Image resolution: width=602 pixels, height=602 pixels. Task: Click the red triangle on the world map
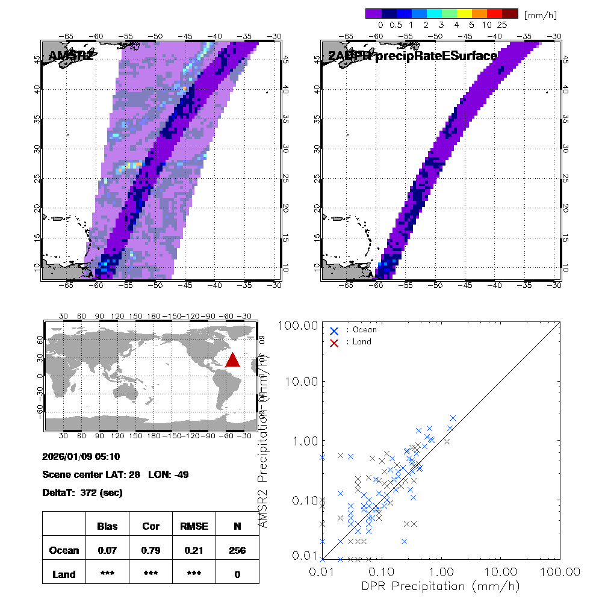coord(232,360)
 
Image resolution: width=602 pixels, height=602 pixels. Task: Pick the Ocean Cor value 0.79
coord(150,550)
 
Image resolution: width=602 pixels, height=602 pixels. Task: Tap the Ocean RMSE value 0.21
coord(194,550)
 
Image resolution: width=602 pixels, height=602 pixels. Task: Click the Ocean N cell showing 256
coord(237,550)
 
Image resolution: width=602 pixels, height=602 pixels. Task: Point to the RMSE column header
coord(194,526)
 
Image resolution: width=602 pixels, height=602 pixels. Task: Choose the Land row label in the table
coord(64,574)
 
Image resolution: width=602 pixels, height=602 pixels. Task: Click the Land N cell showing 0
coord(237,574)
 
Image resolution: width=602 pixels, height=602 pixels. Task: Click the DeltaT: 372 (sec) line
coord(82,492)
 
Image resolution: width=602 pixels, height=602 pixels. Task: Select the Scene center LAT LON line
coord(116,474)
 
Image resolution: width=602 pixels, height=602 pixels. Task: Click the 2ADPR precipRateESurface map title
coord(413,57)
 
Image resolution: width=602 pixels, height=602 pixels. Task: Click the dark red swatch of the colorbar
coord(510,13)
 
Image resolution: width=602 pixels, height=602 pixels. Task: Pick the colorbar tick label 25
coord(502,25)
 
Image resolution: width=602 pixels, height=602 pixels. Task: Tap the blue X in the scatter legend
coord(334,330)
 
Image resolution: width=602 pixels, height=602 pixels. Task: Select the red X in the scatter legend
coord(334,342)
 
